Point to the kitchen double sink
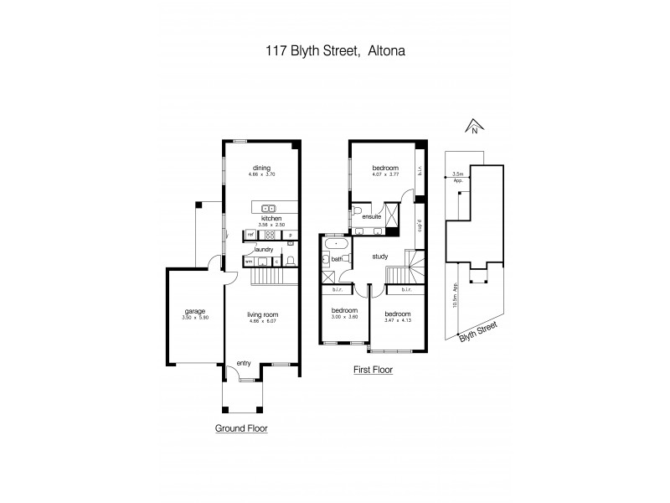tap(269, 208)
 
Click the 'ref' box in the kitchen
tap(249, 236)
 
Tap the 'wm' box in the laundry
tap(248, 262)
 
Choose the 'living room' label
tap(262, 314)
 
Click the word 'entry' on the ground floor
tap(244, 362)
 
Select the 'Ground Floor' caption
tap(241, 427)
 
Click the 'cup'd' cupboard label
tap(420, 226)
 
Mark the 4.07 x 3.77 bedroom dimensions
tap(385, 174)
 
